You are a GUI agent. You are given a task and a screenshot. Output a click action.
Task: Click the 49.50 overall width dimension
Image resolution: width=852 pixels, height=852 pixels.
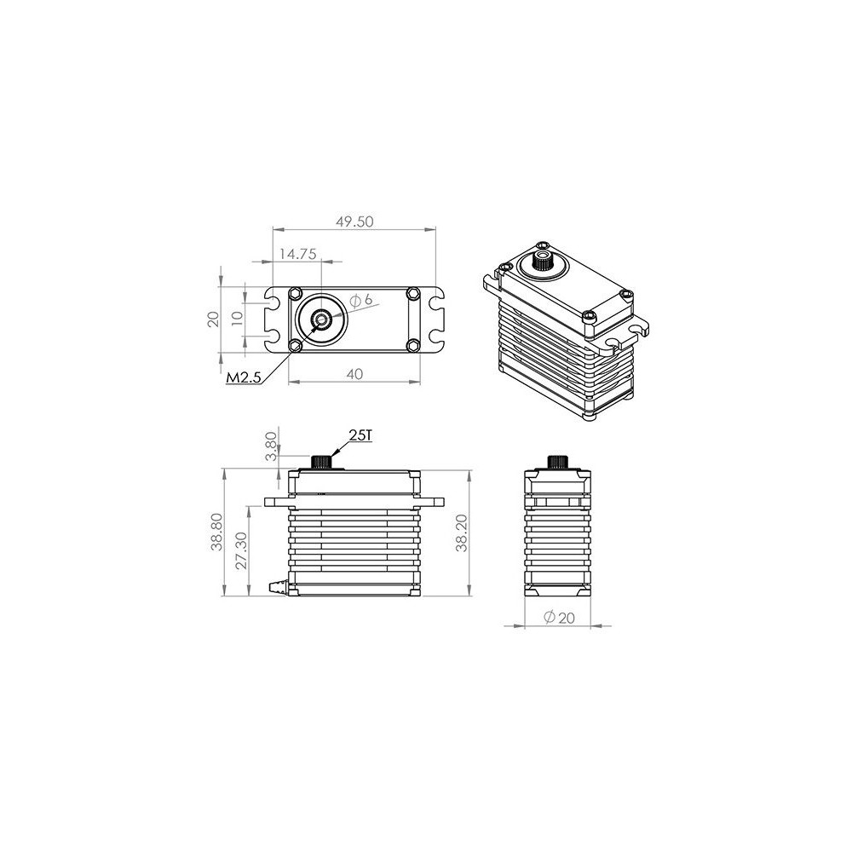pyautogui.click(x=354, y=222)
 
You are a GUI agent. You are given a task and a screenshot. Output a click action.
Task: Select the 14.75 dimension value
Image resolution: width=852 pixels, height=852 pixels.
pyautogui.click(x=297, y=254)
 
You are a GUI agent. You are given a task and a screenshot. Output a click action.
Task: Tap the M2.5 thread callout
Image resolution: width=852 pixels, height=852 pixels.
pyautogui.click(x=244, y=377)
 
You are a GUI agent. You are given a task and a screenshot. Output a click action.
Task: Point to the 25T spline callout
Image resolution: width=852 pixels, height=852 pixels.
pyautogui.click(x=360, y=435)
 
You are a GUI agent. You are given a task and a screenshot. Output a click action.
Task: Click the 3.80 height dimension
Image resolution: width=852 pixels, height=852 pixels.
pyautogui.click(x=271, y=446)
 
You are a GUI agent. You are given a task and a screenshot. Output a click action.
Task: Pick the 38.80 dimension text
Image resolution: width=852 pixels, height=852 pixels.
pyautogui.click(x=216, y=532)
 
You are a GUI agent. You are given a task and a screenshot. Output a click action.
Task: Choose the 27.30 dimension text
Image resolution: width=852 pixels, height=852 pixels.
pyautogui.click(x=241, y=550)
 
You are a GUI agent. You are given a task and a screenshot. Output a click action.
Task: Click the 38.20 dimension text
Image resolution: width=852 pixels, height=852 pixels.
pyautogui.click(x=461, y=533)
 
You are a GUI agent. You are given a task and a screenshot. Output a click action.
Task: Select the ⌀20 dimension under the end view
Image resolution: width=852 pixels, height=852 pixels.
pyautogui.click(x=559, y=617)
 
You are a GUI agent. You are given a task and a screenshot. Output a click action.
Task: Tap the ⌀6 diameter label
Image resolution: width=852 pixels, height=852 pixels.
pyautogui.click(x=361, y=300)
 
